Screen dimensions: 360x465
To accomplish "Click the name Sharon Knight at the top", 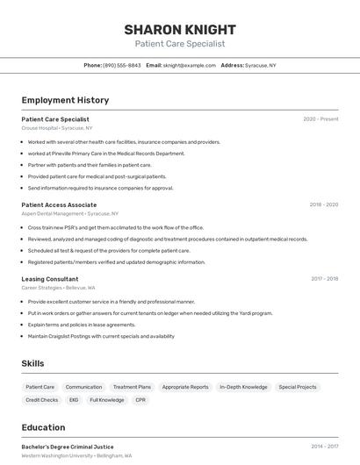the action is [x=179, y=29].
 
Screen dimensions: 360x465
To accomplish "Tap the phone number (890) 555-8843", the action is [x=121, y=65].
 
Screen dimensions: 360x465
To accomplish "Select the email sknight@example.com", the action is [x=189, y=65].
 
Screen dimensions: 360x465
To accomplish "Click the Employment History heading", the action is [x=65, y=100].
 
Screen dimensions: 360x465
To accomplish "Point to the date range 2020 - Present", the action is [x=320, y=119].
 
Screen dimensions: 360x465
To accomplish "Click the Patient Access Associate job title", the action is [x=59, y=204].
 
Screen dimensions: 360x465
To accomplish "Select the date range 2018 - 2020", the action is [x=323, y=204].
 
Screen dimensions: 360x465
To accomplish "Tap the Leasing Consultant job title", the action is [x=50, y=279].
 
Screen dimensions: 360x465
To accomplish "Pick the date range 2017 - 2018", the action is [x=324, y=279].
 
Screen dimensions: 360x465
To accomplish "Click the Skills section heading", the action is [x=32, y=363].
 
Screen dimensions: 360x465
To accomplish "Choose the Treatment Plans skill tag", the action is [x=132, y=387].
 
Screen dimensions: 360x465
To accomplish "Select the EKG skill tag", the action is [x=74, y=400].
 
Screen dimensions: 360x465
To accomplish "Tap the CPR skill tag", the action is [x=140, y=400].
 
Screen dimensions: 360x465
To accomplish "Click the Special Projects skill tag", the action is [x=298, y=387].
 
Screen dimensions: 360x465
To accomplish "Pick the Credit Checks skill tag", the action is [x=41, y=400].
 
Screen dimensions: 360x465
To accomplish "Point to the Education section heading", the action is [x=43, y=427].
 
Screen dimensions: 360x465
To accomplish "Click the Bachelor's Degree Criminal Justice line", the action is [x=68, y=447].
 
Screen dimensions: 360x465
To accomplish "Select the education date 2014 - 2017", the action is [x=324, y=447].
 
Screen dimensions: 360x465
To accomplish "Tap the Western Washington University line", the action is [x=76, y=456].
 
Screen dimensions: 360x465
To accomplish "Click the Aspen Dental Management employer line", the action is [x=69, y=213].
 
